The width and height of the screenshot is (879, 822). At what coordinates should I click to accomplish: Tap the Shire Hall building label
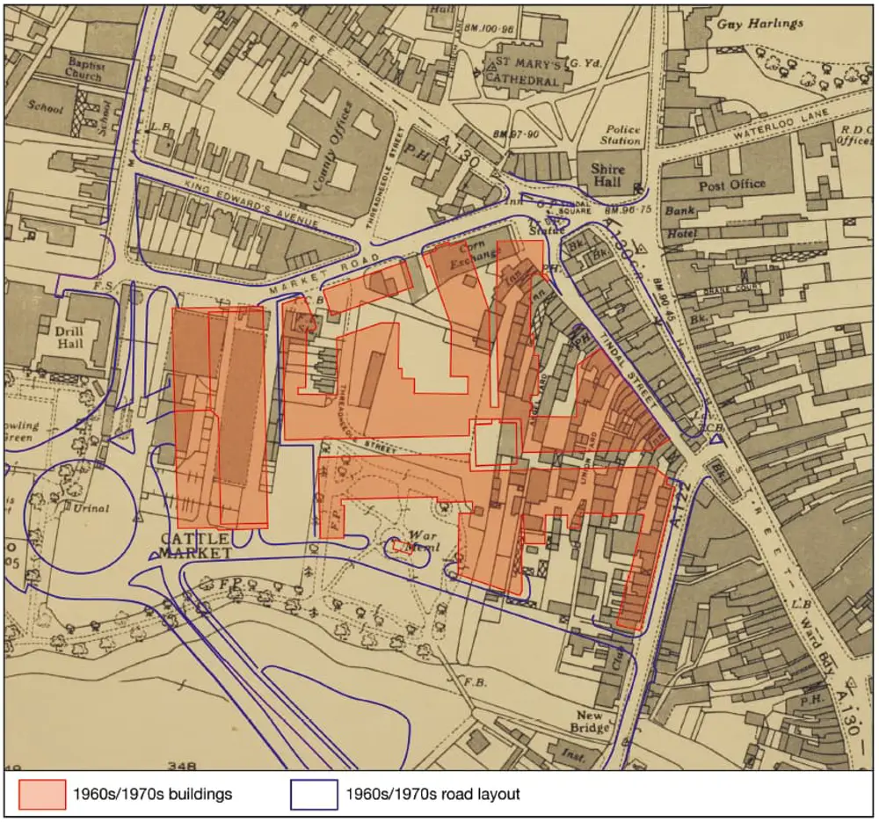click(x=607, y=176)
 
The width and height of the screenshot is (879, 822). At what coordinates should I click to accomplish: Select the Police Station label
click(x=621, y=135)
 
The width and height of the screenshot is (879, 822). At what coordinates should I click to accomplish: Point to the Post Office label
click(x=731, y=185)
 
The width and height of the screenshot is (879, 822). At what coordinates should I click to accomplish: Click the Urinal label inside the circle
click(x=91, y=508)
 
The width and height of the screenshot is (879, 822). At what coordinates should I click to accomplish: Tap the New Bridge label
click(x=591, y=722)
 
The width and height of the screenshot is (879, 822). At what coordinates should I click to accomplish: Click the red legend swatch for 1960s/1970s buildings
click(x=42, y=794)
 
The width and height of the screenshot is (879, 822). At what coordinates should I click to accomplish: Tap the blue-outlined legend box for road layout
click(x=314, y=794)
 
